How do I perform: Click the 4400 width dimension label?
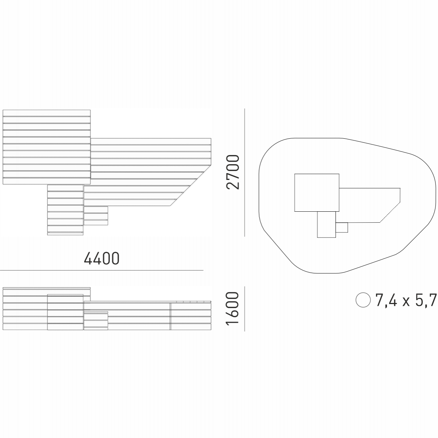pyautogui.click(x=101, y=258)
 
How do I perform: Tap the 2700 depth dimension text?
pyautogui.click(x=233, y=172)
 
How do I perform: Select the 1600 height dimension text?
pyautogui.click(x=232, y=308)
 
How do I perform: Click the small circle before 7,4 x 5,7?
pyautogui.click(x=363, y=300)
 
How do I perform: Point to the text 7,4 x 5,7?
pyautogui.click(x=406, y=300)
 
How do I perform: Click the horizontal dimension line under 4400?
pyautogui.click(x=101, y=270)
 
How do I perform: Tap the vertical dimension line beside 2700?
pyautogui.click(x=245, y=173)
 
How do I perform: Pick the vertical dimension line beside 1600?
pyautogui.click(x=245, y=309)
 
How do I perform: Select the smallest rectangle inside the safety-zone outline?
pyautogui.click(x=342, y=227)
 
